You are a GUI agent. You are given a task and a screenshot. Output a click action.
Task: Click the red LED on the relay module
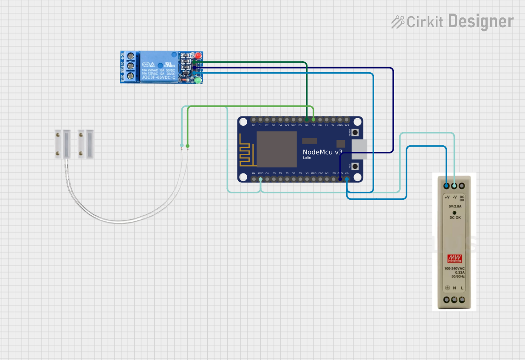tap(198, 56)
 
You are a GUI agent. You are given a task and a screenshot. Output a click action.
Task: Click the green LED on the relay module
tap(198, 79)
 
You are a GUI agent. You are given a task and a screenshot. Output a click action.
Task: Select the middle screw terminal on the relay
tap(130, 66)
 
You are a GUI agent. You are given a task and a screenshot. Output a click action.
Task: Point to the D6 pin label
tap(307, 125)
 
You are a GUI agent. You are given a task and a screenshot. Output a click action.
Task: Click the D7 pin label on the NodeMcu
tap(313, 125)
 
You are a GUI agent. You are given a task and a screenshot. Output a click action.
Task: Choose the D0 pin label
tap(254, 125)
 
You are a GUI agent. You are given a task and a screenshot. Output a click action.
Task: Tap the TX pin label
tap(333, 125)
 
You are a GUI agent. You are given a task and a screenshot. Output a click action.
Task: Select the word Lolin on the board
tap(307, 158)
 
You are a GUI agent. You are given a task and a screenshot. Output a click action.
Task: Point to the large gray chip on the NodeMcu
tap(277, 149)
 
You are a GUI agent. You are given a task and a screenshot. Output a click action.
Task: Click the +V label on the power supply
tap(447, 197)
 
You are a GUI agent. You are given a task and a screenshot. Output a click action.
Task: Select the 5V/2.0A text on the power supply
tap(454, 206)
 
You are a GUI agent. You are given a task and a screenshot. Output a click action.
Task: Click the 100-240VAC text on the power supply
tap(454, 269)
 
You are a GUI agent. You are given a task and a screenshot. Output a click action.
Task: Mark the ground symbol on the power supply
tap(447, 288)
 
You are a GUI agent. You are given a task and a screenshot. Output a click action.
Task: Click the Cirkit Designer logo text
tap(453, 21)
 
